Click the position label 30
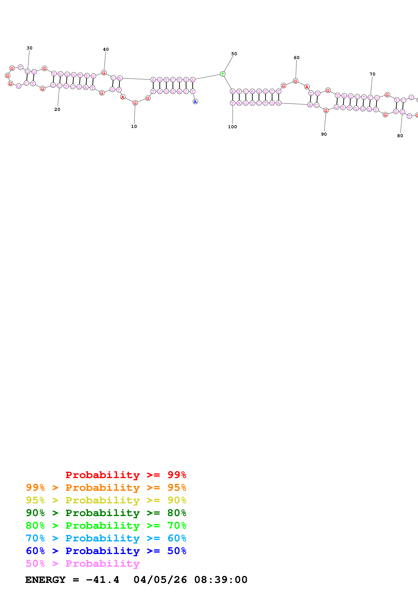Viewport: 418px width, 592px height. point(29,48)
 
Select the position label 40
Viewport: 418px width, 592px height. point(106,49)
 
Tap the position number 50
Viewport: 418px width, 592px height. point(234,54)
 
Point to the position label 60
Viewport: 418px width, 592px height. point(296,58)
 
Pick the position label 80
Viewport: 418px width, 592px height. point(400,136)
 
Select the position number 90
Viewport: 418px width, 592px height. point(324,134)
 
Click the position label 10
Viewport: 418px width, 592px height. point(134,126)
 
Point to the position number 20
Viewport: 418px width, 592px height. point(57,109)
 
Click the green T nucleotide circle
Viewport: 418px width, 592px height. point(223,74)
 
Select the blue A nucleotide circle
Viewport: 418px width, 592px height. point(195,102)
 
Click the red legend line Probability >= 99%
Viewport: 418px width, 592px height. point(126,475)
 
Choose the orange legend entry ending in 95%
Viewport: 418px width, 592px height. point(106,487)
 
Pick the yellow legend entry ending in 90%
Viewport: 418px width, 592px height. point(106,500)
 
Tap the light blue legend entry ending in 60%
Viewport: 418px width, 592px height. point(106,538)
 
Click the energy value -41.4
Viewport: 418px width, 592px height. point(103,580)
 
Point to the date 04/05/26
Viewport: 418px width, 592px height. point(160,580)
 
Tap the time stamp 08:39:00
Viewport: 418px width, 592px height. point(221,580)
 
